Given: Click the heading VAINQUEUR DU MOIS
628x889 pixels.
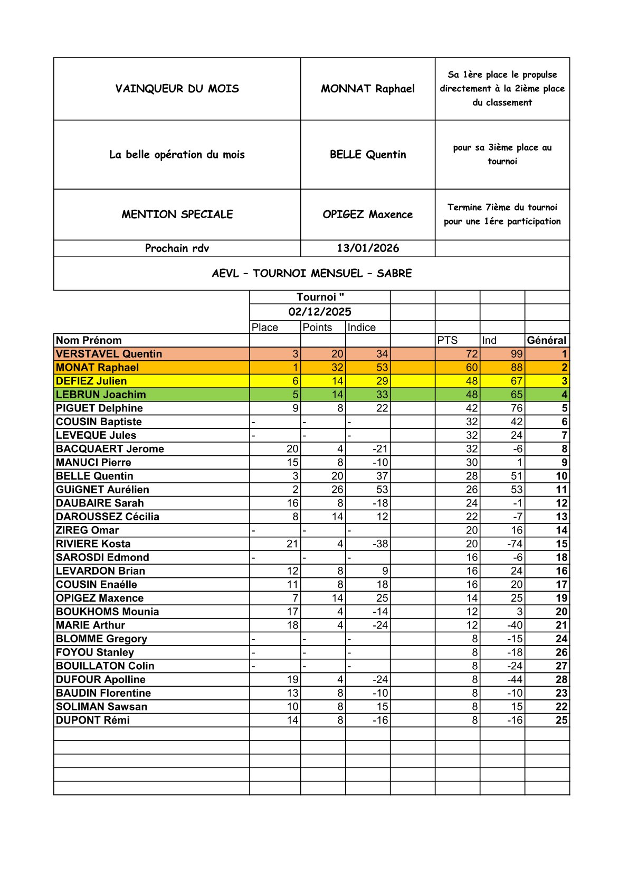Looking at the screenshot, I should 177,89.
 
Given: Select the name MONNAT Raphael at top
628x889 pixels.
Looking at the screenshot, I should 368,89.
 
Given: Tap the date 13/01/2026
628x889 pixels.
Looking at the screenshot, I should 368,248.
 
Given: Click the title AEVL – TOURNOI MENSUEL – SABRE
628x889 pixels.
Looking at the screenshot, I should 311,274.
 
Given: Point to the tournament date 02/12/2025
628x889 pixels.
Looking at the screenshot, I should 320,312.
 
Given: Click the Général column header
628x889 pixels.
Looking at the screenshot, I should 546,341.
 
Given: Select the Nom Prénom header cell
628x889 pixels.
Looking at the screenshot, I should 89,341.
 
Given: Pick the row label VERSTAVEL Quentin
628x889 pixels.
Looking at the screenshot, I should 109,354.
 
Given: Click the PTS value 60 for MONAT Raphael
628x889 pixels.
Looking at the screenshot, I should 471,368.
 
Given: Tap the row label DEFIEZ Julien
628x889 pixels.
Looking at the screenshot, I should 91,381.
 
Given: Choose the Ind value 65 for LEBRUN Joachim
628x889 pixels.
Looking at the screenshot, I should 516,395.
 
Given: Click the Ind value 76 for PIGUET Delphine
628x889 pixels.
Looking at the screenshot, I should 516,408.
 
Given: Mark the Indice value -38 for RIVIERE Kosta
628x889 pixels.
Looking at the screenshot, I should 380,544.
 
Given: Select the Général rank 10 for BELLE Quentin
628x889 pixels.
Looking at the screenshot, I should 561,476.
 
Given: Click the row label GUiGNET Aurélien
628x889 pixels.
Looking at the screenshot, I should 102,490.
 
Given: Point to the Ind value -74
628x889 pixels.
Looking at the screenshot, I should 515,544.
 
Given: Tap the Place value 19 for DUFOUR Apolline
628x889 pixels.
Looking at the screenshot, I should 292,680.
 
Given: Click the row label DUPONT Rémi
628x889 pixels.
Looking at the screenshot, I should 92,720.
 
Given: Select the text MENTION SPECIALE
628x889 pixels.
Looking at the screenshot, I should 177,214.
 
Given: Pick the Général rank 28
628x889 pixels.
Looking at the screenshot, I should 561,680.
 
